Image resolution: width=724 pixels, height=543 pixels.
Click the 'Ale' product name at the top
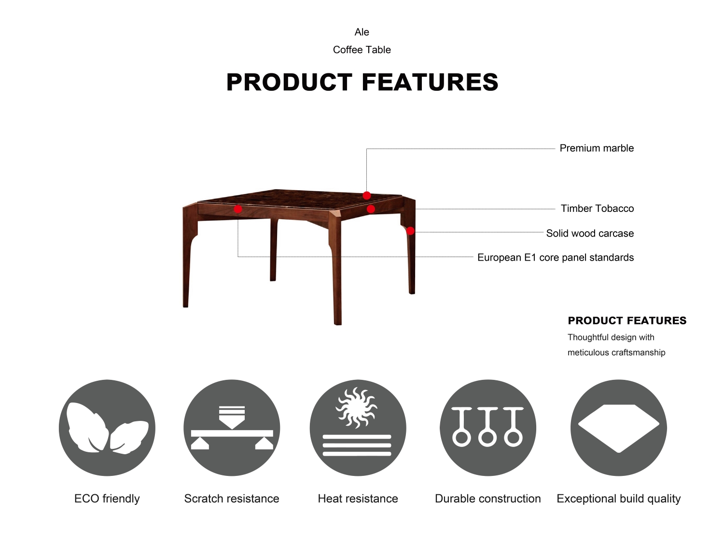point(362,32)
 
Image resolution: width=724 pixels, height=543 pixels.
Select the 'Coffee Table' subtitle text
point(362,50)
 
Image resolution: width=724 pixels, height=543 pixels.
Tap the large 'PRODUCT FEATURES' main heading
point(362,82)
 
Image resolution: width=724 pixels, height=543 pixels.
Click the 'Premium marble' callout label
point(597,148)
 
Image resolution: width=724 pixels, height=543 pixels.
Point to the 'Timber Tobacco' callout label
point(597,209)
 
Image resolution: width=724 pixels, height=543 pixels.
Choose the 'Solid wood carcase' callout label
point(590,234)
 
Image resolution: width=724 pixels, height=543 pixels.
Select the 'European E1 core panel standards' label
point(556,257)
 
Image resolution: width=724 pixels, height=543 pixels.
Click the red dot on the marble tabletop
point(366,195)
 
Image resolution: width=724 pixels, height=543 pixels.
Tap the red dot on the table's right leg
point(410,231)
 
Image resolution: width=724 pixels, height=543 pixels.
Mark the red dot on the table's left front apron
point(238,209)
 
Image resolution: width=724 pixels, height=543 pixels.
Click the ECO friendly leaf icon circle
point(107,428)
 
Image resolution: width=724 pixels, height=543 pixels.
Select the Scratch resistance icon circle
point(232,428)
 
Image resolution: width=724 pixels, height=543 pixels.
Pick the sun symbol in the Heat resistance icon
point(357,408)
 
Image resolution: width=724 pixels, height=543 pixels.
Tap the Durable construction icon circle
point(488,428)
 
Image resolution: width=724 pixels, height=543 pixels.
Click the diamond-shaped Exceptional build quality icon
point(618,428)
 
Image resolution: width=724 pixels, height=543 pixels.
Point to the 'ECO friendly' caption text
point(107,499)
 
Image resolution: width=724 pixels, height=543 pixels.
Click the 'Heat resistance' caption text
point(358,499)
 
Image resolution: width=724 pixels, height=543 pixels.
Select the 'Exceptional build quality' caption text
point(618,499)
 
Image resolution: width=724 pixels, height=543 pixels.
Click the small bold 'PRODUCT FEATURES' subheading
point(627,320)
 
